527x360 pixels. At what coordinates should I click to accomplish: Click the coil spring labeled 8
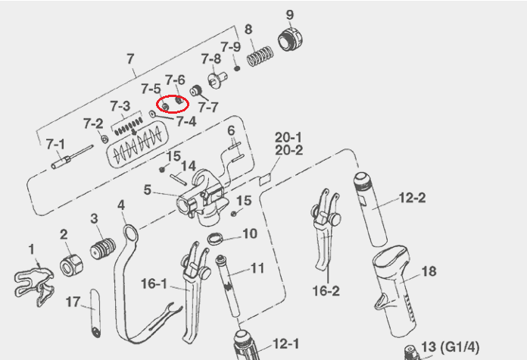point(260,56)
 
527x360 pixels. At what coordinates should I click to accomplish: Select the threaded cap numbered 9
point(290,39)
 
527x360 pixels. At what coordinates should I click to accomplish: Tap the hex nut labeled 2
point(71,265)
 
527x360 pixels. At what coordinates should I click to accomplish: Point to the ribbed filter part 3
point(102,249)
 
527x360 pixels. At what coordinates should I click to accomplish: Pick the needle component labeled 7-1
point(72,157)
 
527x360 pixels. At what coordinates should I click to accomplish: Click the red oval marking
point(173,104)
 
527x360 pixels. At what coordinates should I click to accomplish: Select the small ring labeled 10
point(215,239)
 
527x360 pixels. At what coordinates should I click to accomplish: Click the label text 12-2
point(412,198)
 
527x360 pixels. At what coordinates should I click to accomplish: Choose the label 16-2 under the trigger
point(326,291)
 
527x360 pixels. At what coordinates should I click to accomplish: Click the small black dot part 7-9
point(237,68)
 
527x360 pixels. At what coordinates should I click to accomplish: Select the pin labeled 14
point(179,179)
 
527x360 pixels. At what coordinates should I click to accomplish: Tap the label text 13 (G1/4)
point(451,346)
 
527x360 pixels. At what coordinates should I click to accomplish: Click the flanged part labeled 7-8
point(217,80)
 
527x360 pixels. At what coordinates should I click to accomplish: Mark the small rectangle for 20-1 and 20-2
point(265,180)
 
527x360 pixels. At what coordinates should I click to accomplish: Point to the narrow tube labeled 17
point(95,313)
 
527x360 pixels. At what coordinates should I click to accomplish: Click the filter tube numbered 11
point(229,286)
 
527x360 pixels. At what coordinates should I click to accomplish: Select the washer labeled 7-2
point(104,138)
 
